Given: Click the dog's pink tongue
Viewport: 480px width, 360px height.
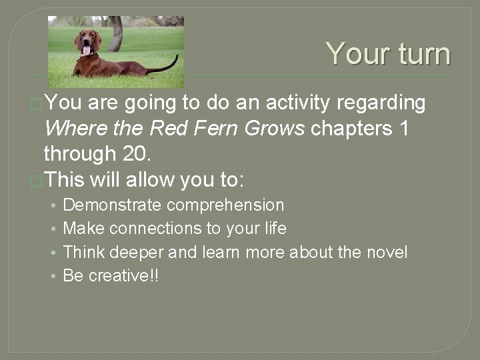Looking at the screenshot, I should (86, 50).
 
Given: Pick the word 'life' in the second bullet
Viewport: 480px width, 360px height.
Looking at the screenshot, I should (275, 229).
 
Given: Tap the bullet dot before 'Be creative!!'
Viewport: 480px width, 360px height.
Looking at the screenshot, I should (53, 275).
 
